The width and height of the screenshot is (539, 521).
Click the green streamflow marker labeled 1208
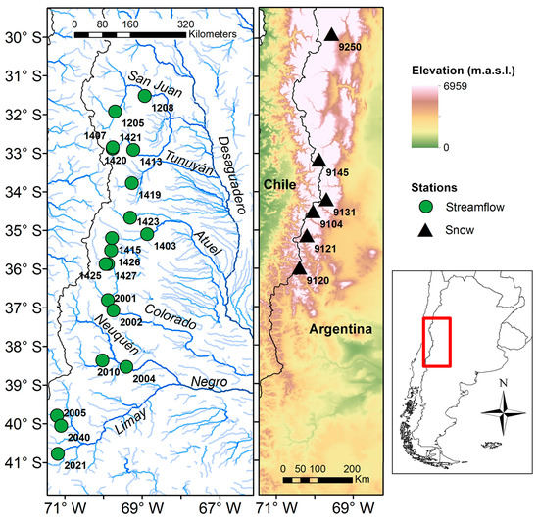145,95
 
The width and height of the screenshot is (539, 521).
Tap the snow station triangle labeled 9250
331,34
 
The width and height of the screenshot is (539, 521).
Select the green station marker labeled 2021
58,453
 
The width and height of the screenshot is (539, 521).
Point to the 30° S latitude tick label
23,37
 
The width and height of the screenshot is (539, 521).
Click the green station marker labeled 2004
125,366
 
